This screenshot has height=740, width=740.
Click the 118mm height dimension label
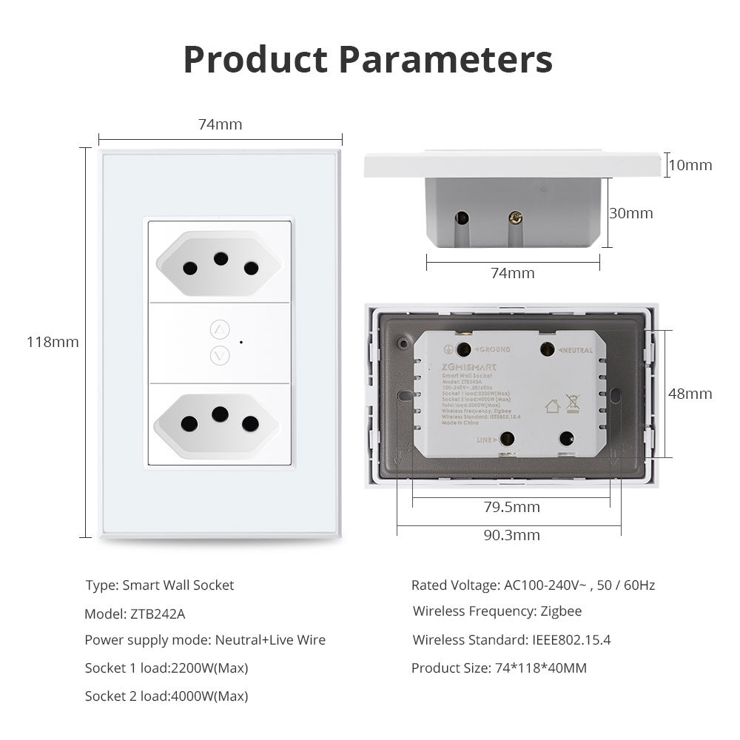(x=53, y=342)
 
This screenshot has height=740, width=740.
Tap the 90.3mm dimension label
(x=511, y=535)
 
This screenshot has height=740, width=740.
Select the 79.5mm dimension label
(x=511, y=507)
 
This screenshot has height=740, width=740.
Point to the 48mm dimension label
(x=690, y=394)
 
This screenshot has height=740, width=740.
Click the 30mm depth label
(x=630, y=213)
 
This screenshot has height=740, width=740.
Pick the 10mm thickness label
(x=690, y=165)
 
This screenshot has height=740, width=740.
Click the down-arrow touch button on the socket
(x=220, y=355)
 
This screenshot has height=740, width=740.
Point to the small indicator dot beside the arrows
(x=241, y=343)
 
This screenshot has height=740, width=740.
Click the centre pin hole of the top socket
(x=220, y=258)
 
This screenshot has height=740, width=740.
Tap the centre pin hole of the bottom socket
(x=220, y=414)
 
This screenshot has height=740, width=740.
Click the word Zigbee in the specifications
(x=560, y=611)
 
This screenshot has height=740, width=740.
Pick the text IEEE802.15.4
(x=571, y=640)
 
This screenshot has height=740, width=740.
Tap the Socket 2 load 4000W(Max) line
(x=166, y=696)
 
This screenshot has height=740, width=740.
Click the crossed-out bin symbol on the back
(x=572, y=403)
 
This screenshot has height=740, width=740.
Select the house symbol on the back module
(x=552, y=406)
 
